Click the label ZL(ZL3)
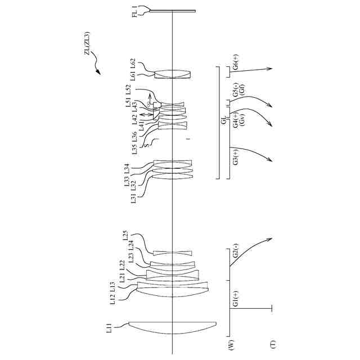(88, 44)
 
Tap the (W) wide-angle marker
(231, 343)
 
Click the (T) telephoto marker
(273, 343)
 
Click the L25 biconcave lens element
(173, 252)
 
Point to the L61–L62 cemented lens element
(173, 74)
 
